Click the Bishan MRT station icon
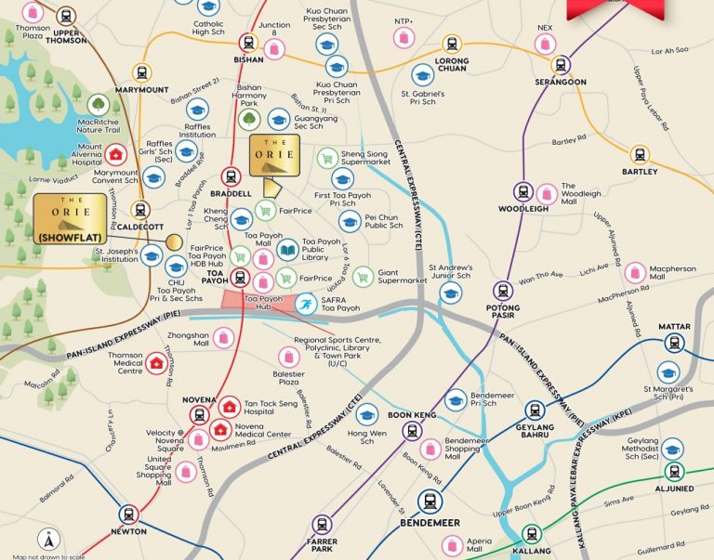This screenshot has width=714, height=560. point(248,43)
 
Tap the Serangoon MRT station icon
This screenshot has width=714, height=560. point(561,64)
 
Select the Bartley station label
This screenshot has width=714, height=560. point(641,172)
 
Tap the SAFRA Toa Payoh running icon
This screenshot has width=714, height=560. point(306,303)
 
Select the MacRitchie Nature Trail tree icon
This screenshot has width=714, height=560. point(99,106)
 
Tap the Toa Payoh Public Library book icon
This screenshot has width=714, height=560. point(288,249)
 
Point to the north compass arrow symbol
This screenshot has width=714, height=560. point(46,539)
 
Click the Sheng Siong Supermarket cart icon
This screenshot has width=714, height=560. point(326,158)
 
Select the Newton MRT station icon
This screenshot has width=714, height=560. point(128,514)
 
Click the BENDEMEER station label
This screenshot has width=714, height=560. point(430,523)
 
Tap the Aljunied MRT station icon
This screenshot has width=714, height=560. point(675,471)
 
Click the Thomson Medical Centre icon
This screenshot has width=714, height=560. point(156,363)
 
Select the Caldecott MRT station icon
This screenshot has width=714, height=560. point(140,211)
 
